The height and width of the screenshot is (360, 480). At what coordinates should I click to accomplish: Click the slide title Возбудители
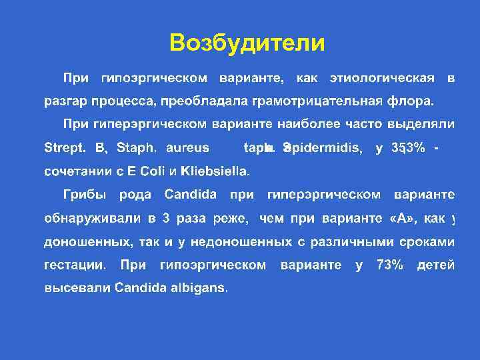(x=247, y=43)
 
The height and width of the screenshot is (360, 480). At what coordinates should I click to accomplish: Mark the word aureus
(x=187, y=148)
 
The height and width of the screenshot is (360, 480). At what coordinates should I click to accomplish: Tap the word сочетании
(x=74, y=171)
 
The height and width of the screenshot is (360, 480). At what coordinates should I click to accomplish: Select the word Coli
(x=151, y=171)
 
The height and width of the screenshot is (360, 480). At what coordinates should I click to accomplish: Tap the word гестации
(x=74, y=265)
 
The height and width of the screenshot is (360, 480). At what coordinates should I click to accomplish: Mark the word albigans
(x=199, y=289)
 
